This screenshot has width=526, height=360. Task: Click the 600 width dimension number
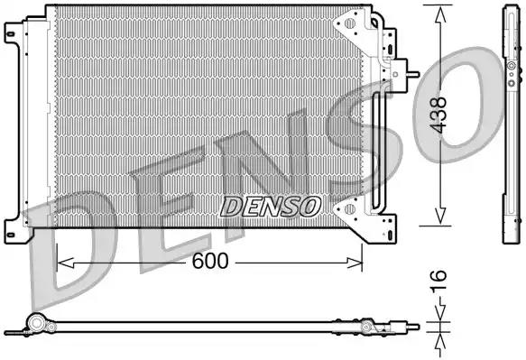tap(209, 262)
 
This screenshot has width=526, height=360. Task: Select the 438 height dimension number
tap(439, 115)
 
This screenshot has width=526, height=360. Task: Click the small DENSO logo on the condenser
tap(270, 207)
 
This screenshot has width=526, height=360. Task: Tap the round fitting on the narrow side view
tap(512, 69)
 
